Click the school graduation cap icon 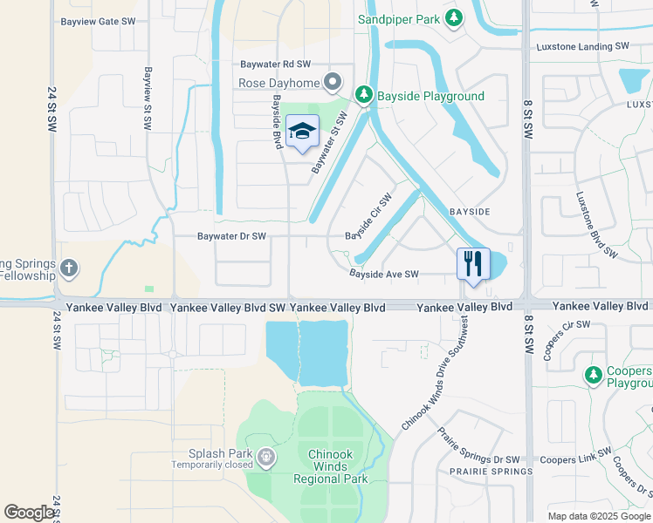coord(302,132)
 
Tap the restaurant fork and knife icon coord(473,263)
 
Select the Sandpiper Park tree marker coord(453,17)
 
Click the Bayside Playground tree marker coord(364,95)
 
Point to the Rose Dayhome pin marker coord(333,84)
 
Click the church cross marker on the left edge coord(70,268)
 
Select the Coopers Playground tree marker coord(594,375)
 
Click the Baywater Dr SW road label coord(230,236)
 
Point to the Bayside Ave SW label coord(384,274)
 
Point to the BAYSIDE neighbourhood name coord(470,212)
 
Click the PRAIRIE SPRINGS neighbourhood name coord(489,472)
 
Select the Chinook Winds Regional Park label coord(337,466)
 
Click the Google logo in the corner coord(29,512)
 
